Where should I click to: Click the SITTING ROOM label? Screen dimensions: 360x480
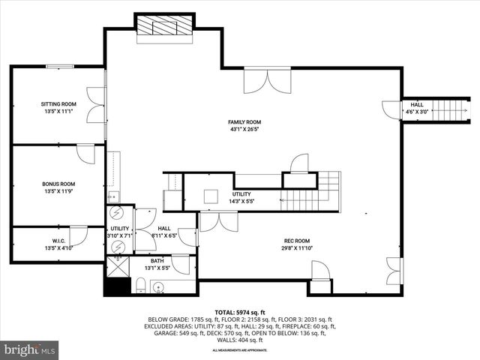click(58, 103)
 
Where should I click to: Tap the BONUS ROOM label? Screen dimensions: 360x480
click(58, 183)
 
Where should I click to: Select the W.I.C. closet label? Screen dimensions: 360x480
click(58, 241)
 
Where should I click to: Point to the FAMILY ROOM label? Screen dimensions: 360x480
click(244, 121)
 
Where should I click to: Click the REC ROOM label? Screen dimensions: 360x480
click(297, 241)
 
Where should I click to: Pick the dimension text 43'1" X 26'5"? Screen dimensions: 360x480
click(244, 129)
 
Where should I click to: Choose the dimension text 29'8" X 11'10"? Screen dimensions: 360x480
click(297, 248)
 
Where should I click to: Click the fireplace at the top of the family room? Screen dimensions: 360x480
click(164, 26)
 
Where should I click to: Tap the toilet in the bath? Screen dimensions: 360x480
click(140, 283)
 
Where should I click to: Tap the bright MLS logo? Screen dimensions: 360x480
click(30, 349)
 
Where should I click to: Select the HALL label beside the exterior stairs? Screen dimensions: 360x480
click(416, 105)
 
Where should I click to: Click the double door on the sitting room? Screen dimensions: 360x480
click(95, 105)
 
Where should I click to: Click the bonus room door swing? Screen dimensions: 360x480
click(87, 154)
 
